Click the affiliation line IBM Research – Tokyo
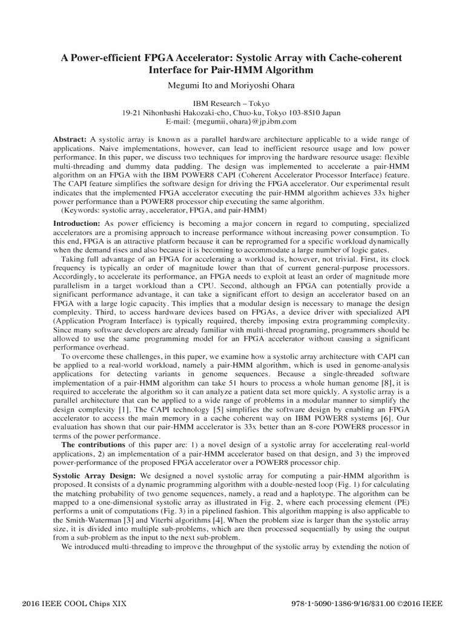point(231,104)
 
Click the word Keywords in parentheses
point(83,210)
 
